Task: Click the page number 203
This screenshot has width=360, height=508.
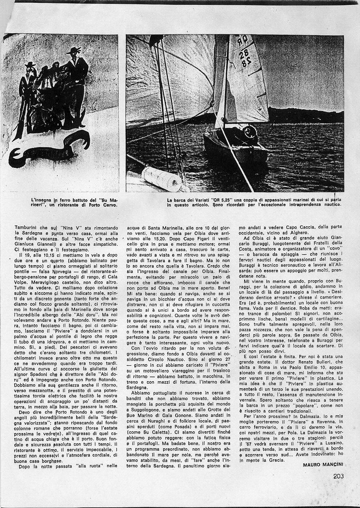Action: click(338, 476)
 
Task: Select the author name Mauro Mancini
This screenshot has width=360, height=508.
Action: click(322, 465)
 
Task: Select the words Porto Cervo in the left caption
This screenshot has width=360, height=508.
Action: click(102, 205)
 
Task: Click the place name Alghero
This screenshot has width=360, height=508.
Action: click(293, 232)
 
